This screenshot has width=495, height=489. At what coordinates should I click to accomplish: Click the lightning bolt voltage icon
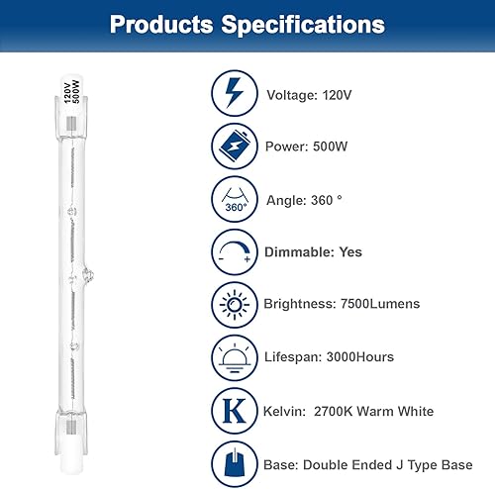(234, 94)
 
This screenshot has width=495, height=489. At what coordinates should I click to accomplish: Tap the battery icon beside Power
(234, 147)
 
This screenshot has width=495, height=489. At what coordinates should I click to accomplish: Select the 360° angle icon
(234, 199)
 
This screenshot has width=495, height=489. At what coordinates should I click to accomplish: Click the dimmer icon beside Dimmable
(234, 252)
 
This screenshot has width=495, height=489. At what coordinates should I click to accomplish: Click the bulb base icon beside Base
(234, 462)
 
